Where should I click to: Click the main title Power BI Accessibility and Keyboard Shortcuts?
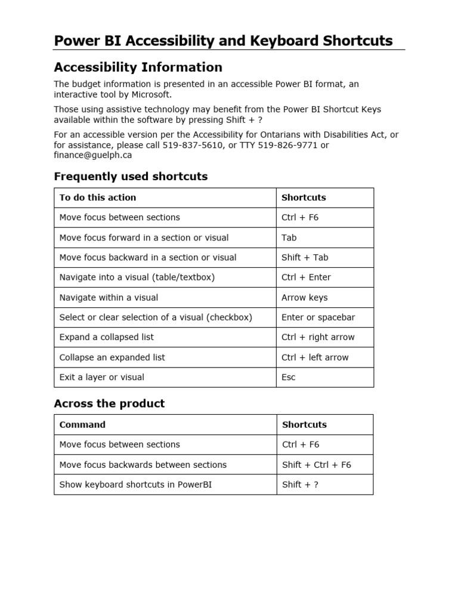coord(223,41)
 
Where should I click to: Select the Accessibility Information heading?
coord(138,67)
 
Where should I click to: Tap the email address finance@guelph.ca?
coord(93,155)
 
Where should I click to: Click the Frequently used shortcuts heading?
coord(131,177)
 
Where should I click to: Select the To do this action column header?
coord(98,198)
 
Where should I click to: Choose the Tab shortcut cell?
coord(289,237)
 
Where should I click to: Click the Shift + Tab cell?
coord(305,257)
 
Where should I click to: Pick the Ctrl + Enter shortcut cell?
coord(306,277)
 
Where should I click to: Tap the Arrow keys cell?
coord(304,297)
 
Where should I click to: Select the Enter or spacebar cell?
coord(318,317)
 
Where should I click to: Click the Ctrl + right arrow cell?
coord(318,337)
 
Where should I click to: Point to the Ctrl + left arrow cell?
coord(315,357)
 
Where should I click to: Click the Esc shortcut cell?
coord(289,377)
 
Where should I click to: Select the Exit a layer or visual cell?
coord(102,377)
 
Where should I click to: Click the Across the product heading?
coord(109,403)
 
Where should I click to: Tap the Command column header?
coord(82,425)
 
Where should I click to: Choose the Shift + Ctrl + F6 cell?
coord(316,465)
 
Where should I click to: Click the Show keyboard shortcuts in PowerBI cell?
coord(135,485)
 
